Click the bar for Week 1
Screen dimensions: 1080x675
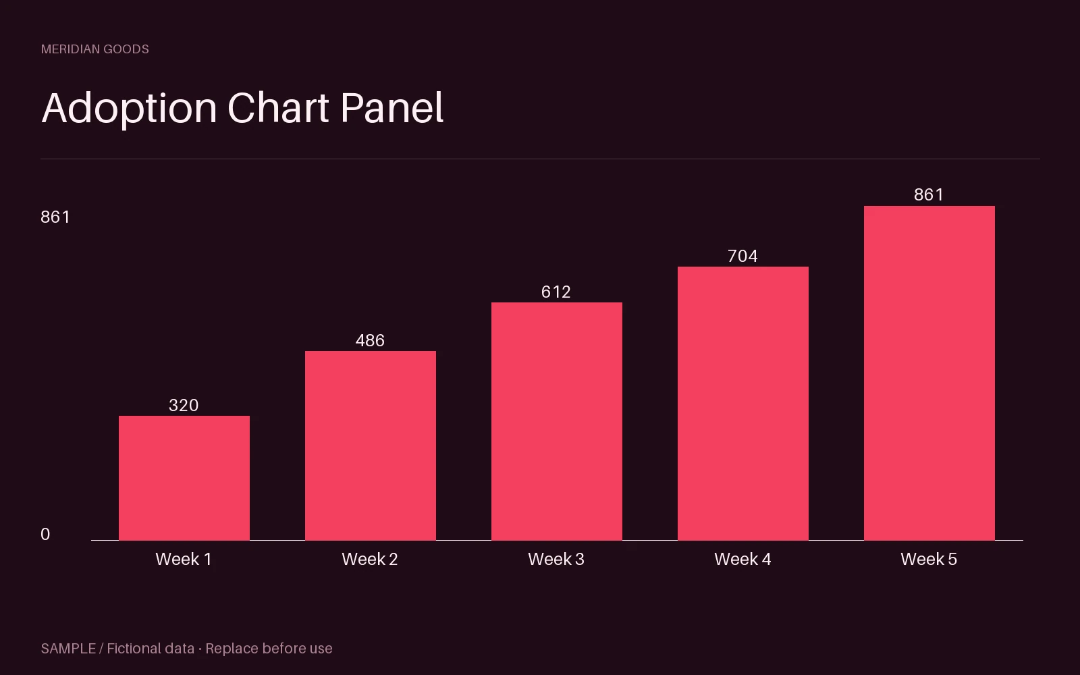pos(184,478)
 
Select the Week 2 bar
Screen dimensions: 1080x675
pos(371,446)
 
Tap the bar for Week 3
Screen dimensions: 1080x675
pos(557,421)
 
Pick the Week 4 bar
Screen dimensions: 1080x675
pos(743,404)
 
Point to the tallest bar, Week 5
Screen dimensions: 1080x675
pos(929,373)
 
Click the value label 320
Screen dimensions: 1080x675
pos(184,405)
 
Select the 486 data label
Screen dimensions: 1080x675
pos(371,340)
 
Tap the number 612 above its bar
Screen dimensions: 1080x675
pos(556,292)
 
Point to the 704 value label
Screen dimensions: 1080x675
pos(743,256)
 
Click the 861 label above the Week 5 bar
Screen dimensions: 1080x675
pos(929,195)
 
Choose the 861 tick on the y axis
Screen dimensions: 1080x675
pos(55,217)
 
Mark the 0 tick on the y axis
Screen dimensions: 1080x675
pos(45,534)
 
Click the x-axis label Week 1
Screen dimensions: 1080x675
pos(184,560)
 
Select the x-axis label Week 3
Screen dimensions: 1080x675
pos(556,560)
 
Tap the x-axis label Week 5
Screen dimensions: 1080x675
pos(929,560)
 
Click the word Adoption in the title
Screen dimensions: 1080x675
pos(129,109)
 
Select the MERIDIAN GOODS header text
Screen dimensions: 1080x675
pos(95,49)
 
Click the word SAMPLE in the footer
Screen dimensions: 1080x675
pos(68,649)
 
